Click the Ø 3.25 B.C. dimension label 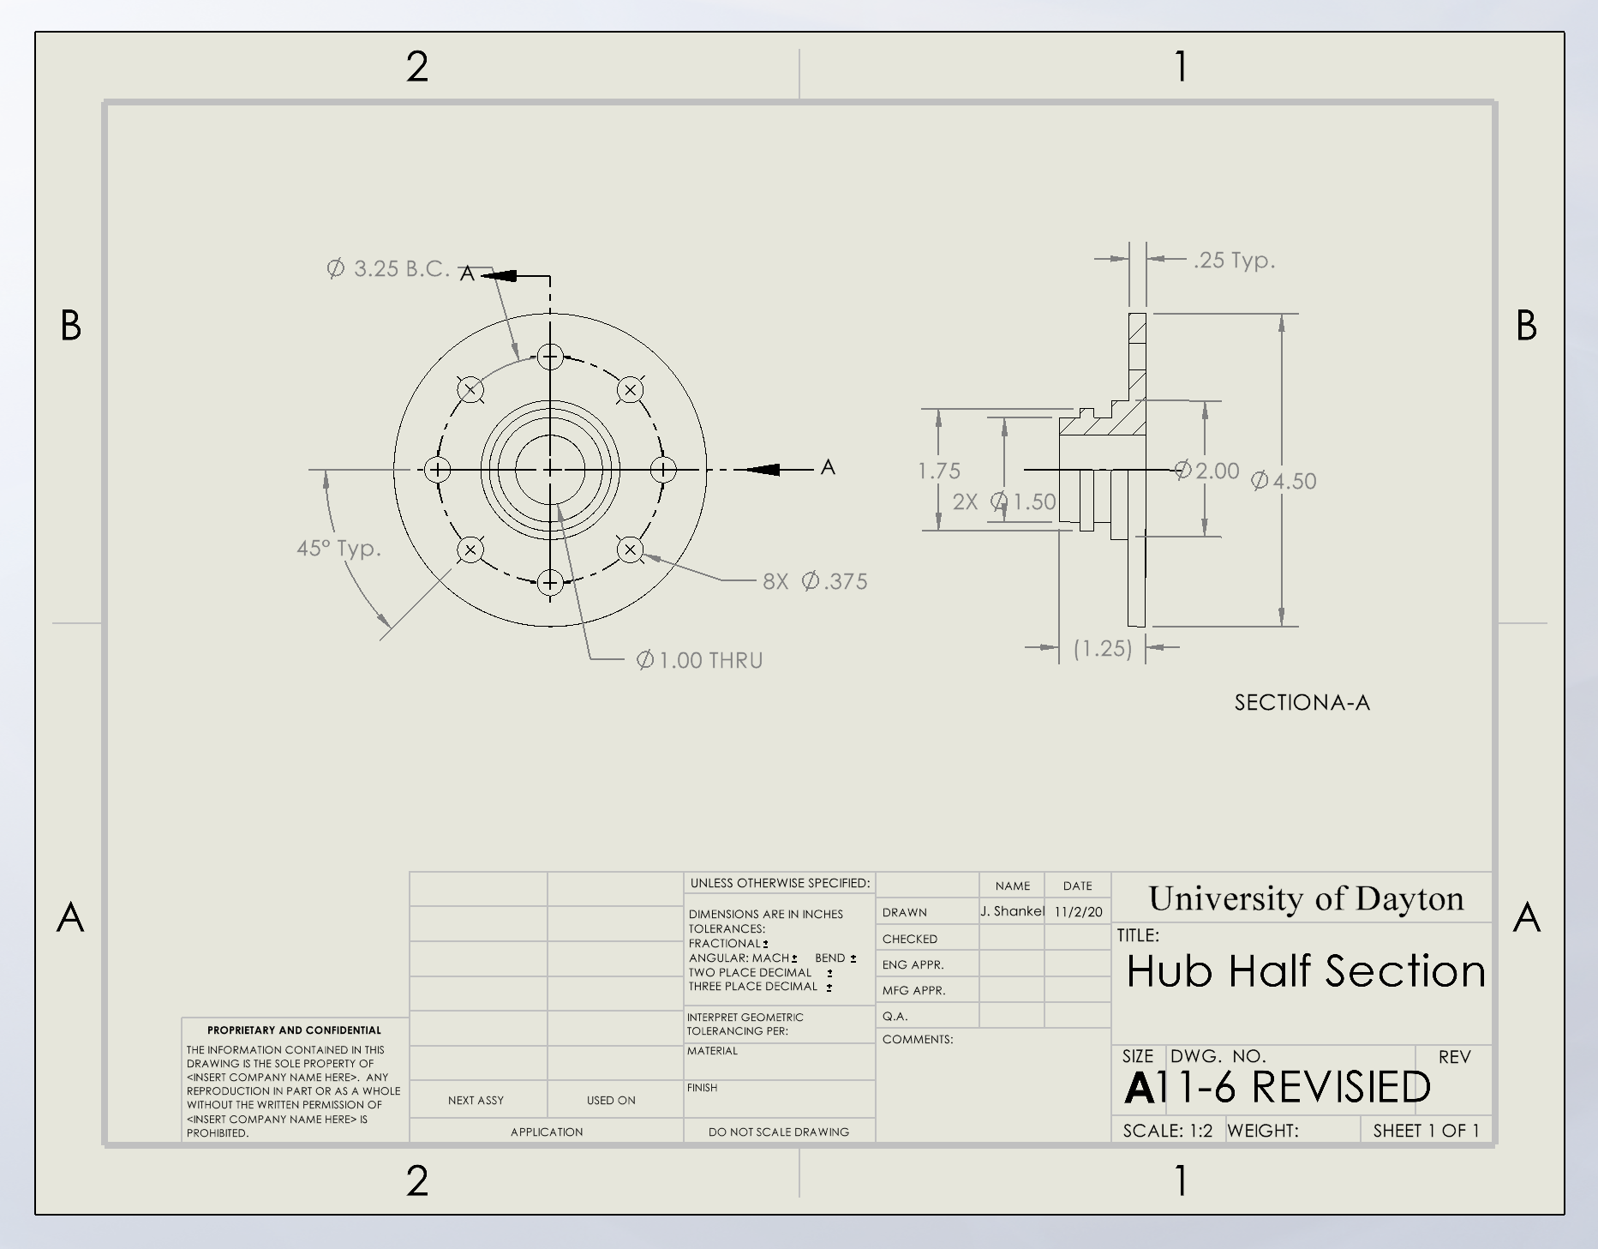click(388, 268)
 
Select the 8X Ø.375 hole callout click(815, 581)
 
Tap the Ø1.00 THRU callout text click(699, 660)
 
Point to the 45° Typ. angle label click(338, 548)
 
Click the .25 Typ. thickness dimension click(1234, 260)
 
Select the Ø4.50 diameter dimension click(1284, 481)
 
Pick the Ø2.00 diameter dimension click(1207, 471)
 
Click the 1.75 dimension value click(939, 471)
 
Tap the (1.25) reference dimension click(1103, 648)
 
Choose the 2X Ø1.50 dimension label click(1004, 501)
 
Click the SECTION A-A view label click(1302, 702)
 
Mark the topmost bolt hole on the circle click(550, 357)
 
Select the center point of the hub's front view click(550, 470)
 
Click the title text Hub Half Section click(1306, 971)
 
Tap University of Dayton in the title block click(1306, 898)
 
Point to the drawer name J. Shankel click(1012, 911)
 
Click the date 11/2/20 click(1078, 911)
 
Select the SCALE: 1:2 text click(1167, 1131)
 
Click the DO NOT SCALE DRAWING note click(778, 1132)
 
